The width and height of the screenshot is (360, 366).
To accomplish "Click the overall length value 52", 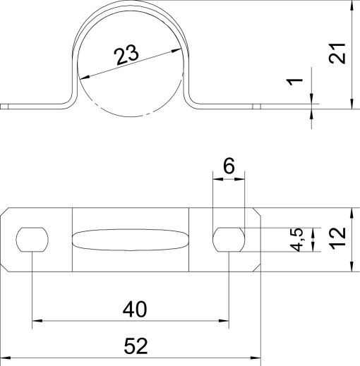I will click(x=136, y=346).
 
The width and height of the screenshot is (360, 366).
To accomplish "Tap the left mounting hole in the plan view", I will click(x=32, y=240).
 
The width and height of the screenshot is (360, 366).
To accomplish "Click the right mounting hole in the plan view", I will click(x=229, y=239).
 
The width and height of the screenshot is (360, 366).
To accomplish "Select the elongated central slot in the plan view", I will click(x=131, y=240).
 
